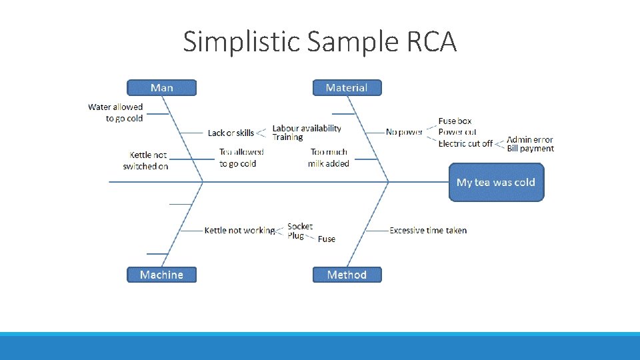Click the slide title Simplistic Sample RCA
[320, 41]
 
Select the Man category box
[162, 88]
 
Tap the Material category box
[347, 88]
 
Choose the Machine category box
[162, 275]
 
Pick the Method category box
[347, 275]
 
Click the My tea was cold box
[496, 182]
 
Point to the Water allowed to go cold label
[115, 113]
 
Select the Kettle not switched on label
[145, 161]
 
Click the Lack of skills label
[231, 133]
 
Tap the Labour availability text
[307, 128]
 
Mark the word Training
[287, 137]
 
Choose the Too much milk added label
[329, 158]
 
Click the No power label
[404, 132]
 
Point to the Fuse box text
[455, 121]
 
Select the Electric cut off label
[465, 143]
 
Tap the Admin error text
[530, 139]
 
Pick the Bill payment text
[531, 149]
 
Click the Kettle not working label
[239, 230]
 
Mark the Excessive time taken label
[428, 230]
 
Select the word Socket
[300, 227]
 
